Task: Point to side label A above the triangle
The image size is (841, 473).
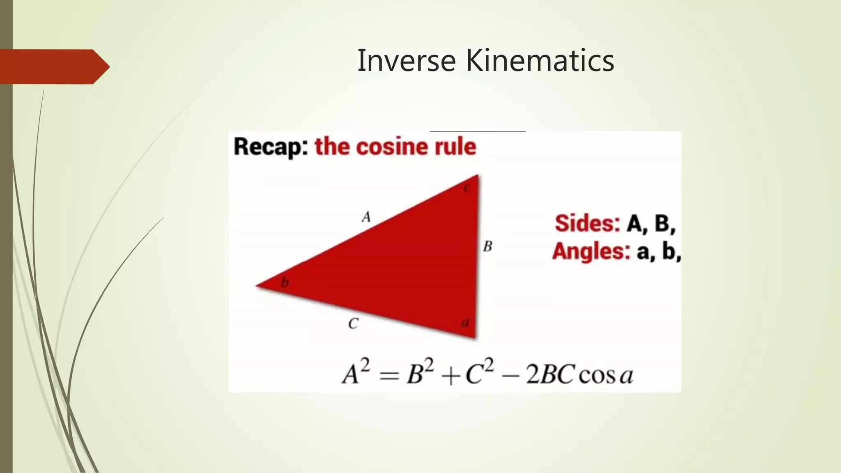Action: [366, 217]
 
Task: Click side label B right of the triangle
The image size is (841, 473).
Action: [487, 246]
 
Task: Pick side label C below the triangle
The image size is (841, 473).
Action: [353, 324]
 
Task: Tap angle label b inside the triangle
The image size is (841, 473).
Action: [285, 282]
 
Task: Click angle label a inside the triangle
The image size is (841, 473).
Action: [465, 323]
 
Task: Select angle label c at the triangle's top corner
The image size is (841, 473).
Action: [467, 188]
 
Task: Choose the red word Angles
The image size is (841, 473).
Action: [591, 251]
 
